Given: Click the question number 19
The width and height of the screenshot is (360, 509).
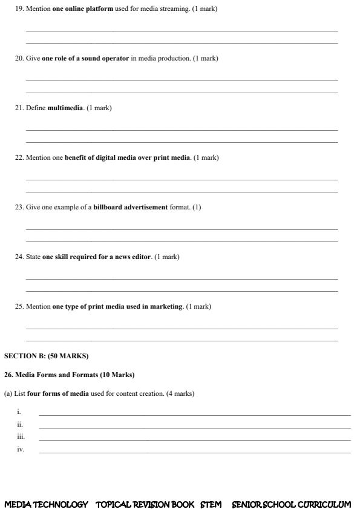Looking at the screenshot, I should pyautogui.click(x=19, y=9).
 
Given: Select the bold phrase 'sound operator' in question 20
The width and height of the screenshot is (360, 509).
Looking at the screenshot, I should pyautogui.click(x=104, y=59).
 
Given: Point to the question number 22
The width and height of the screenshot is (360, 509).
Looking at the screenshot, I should pyautogui.click(x=19, y=158).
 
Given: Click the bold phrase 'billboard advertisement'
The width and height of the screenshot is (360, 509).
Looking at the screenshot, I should pyautogui.click(x=130, y=208).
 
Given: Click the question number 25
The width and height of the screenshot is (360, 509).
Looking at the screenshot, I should pyautogui.click(x=19, y=307).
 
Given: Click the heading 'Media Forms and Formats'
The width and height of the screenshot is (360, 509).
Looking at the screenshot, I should pyautogui.click(x=54, y=375).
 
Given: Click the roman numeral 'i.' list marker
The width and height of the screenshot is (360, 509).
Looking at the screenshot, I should pyautogui.click(x=19, y=412).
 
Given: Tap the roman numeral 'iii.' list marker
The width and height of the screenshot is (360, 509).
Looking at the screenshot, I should pyautogui.click(x=21, y=436).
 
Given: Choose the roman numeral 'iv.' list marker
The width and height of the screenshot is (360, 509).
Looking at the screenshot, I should pyautogui.click(x=21, y=449).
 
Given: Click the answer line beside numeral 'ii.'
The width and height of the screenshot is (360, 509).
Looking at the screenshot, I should pyautogui.click(x=194, y=427).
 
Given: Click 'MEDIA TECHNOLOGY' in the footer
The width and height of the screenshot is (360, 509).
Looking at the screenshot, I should pyautogui.click(x=46, y=504).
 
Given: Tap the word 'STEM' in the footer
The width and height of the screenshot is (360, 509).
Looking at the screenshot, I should pyautogui.click(x=211, y=504).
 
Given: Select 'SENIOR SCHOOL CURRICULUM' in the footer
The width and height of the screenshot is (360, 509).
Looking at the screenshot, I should pyautogui.click(x=291, y=504).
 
